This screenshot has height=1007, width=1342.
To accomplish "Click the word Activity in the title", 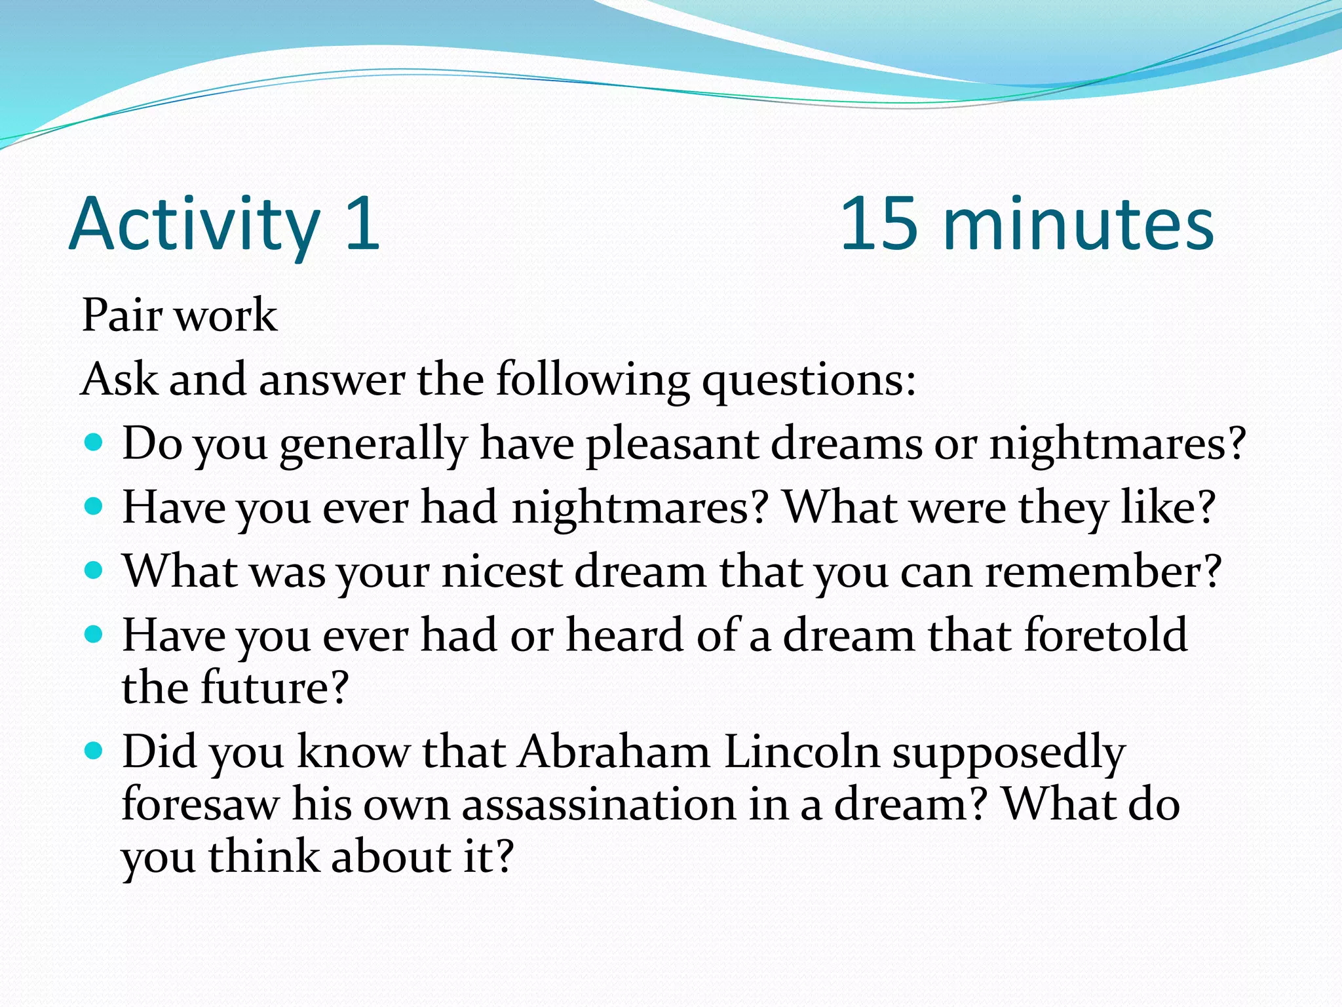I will [x=195, y=224].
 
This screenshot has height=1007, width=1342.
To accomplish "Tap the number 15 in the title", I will [x=878, y=224].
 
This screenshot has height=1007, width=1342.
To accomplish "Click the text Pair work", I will [x=180, y=315].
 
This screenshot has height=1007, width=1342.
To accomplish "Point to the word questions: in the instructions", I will [x=809, y=380].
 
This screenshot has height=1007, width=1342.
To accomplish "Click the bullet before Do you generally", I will [x=95, y=443].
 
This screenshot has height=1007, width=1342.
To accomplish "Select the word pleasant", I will [x=671, y=444].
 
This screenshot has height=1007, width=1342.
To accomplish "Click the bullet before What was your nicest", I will [x=95, y=570].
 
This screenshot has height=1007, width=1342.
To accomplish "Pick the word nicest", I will [x=502, y=572].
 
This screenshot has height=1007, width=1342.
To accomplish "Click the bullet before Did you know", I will [x=95, y=751].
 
